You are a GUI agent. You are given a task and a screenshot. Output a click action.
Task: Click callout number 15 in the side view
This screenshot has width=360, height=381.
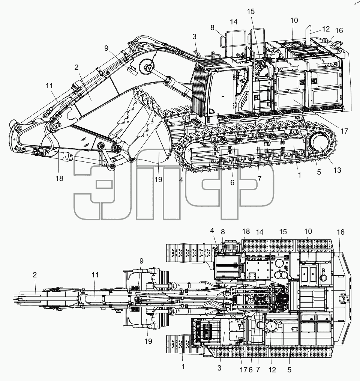click(251, 11)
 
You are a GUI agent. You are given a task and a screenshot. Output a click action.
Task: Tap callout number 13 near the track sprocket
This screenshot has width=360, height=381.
click(337, 170)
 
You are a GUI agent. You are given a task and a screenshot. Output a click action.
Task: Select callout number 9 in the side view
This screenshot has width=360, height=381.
click(106, 48)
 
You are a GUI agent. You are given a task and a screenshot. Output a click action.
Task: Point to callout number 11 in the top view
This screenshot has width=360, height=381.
click(95, 275)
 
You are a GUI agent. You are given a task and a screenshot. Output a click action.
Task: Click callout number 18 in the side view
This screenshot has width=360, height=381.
click(59, 178)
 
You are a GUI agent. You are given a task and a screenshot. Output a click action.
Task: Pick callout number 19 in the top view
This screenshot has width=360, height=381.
click(148, 341)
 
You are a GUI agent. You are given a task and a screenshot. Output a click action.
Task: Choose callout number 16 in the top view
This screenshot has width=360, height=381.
click(340, 232)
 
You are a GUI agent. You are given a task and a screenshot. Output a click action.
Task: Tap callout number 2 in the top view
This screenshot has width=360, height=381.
click(35, 275)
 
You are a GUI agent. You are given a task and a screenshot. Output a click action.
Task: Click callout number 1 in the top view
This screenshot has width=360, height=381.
click(183, 366)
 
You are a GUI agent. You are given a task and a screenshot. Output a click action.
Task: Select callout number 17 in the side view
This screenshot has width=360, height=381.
click(344, 131)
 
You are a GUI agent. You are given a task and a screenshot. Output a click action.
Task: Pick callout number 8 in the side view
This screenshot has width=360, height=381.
click(212, 28)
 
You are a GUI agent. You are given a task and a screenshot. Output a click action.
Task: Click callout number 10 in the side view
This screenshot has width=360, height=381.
click(294, 20)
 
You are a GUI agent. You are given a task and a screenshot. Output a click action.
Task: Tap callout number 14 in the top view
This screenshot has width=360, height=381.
click(259, 232)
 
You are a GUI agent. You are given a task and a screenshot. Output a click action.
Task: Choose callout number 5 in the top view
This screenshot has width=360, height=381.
click(289, 370)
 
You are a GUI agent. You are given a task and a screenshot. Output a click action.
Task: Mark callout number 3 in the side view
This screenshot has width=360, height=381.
click(194, 36)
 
